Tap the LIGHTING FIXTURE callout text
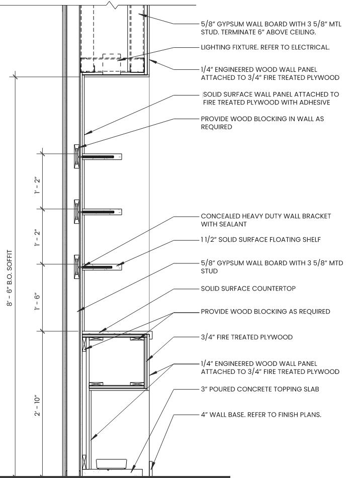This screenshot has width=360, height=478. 265,48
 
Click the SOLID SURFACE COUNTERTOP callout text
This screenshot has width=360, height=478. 248,289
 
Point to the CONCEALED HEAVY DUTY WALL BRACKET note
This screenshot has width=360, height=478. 266,220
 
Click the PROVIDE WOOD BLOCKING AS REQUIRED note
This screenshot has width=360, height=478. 265,312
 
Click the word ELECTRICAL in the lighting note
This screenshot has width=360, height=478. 312,48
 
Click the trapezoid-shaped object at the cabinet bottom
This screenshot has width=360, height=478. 112,464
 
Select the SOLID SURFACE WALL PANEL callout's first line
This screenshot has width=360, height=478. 271,94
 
